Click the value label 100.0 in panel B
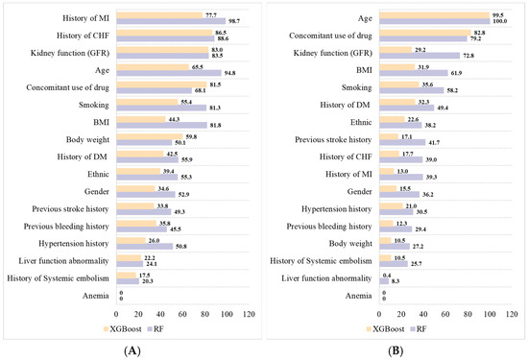[x=502, y=20]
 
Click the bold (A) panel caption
[x=131, y=350]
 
